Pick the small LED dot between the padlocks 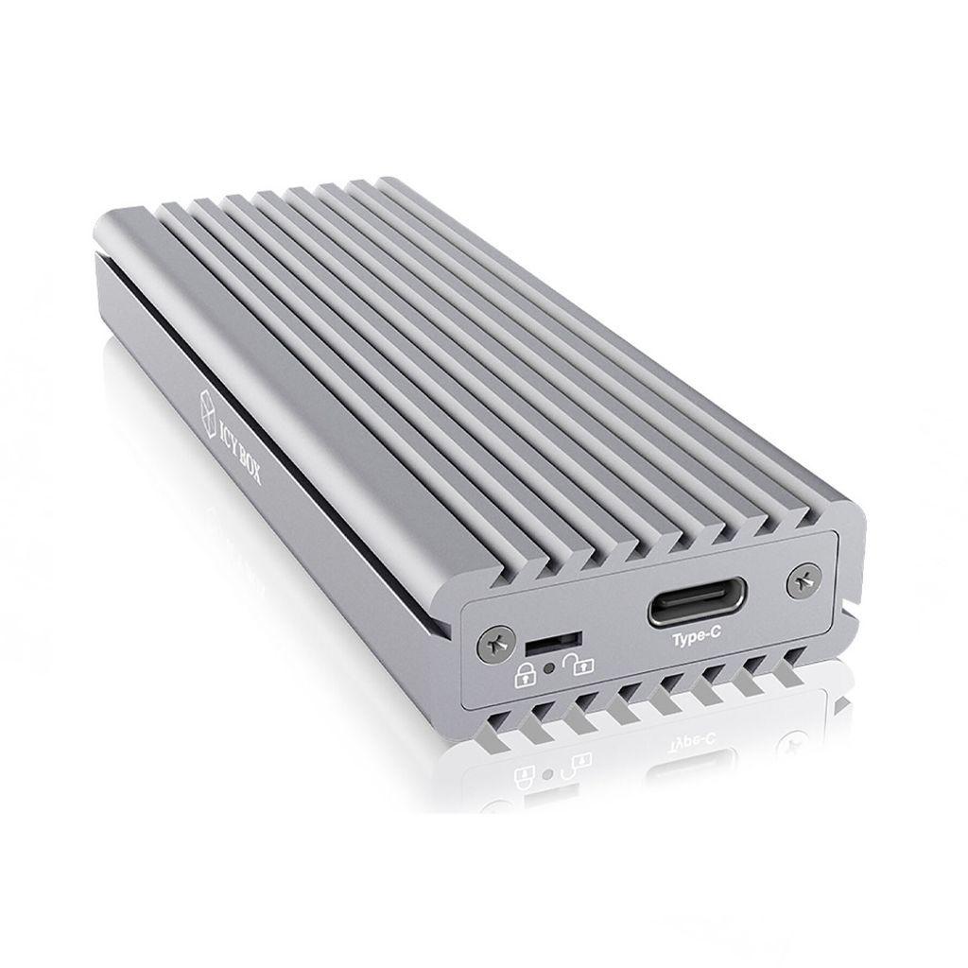[548, 669]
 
